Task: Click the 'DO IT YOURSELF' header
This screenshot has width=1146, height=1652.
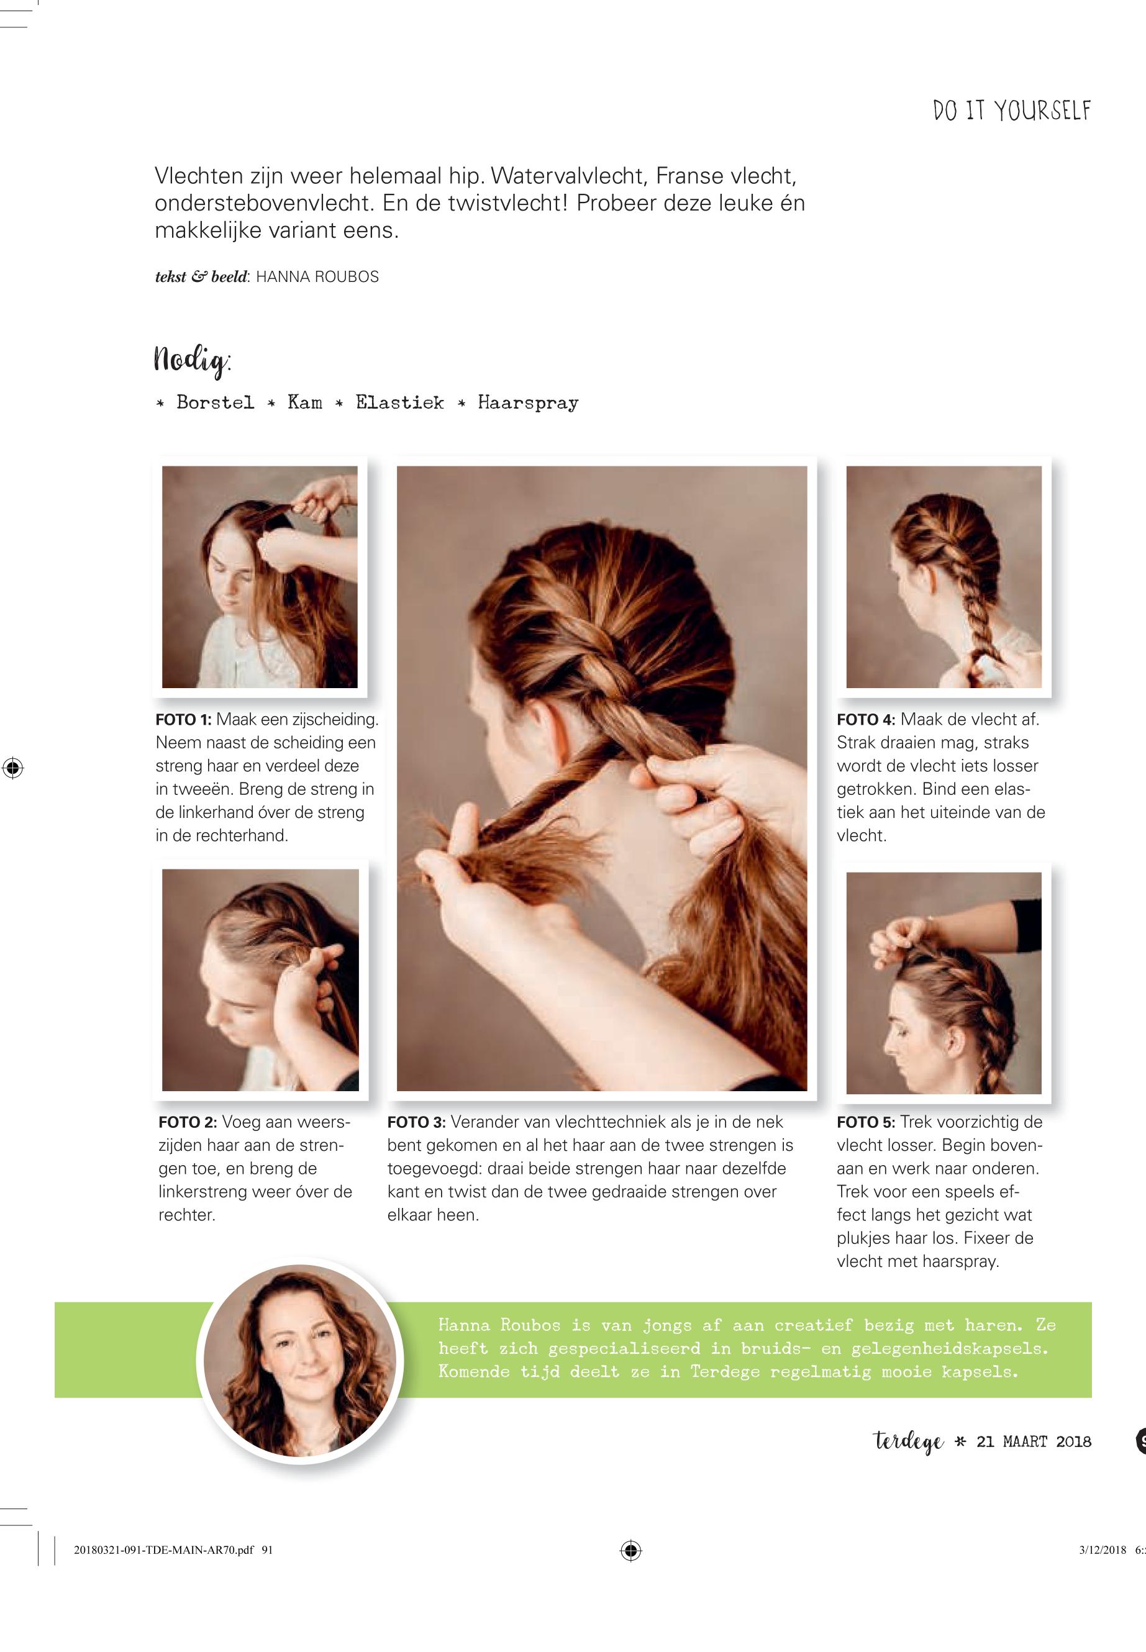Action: pos(1012,111)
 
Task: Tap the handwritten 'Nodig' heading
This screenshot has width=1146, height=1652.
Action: pos(193,359)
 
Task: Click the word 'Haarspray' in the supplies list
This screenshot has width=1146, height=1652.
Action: pos(528,404)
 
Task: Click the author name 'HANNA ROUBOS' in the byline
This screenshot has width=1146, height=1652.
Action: pos(317,277)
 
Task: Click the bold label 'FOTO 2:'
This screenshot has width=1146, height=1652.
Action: pos(188,1122)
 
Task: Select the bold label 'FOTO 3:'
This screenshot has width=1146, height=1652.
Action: pos(416,1122)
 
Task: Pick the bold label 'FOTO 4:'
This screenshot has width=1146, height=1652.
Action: pos(866,719)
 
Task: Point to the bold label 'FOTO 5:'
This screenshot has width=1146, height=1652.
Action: pos(866,1122)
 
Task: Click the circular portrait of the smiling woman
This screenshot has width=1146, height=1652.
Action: pos(299,1362)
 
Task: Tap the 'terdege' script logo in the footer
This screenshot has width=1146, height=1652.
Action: pos(908,1441)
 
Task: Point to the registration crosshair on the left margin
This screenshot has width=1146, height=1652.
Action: pos(12,768)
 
